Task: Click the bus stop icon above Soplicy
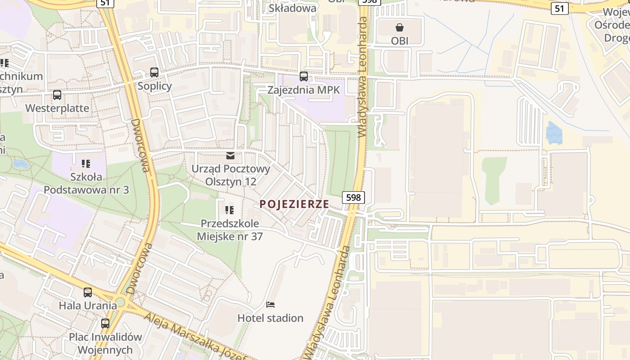[154, 72]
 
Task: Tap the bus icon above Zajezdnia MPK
[304, 76]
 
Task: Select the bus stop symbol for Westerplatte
[57, 95]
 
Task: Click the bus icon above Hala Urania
[88, 292]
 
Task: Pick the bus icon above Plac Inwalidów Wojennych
[105, 323]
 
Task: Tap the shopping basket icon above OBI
[400, 27]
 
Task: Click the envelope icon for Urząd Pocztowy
[230, 156]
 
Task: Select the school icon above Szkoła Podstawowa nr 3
[86, 164]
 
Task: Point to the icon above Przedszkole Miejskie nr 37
[229, 210]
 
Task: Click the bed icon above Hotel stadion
[270, 305]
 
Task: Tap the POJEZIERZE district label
[294, 204]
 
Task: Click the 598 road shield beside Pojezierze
[353, 197]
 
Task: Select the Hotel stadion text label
[270, 318]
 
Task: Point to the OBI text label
[400, 41]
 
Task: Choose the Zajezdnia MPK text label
[304, 90]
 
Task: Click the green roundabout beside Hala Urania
[120, 302]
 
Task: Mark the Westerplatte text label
[57, 108]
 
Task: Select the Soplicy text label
[155, 85]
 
